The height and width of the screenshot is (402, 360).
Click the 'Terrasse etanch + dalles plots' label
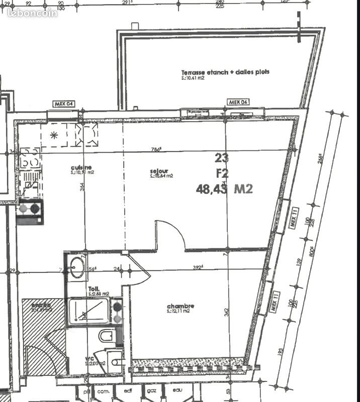[x=225, y=72]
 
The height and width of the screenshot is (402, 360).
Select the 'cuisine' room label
[x=81, y=167]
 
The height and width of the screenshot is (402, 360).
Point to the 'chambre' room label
[x=181, y=306]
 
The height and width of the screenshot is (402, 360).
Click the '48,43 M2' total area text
[x=224, y=189]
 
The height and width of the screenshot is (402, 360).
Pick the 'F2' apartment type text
[x=222, y=173]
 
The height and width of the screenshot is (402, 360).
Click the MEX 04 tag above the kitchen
[x=64, y=104]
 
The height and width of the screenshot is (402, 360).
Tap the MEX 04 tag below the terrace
[x=239, y=102]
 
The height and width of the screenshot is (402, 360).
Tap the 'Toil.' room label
[x=94, y=289]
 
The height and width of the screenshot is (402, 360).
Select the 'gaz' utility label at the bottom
[x=151, y=390]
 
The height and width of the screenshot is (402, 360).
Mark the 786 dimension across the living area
[x=157, y=149]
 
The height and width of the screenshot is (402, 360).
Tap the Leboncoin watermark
[x=33, y=13]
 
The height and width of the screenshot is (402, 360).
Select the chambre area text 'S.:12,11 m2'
[x=178, y=312]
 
